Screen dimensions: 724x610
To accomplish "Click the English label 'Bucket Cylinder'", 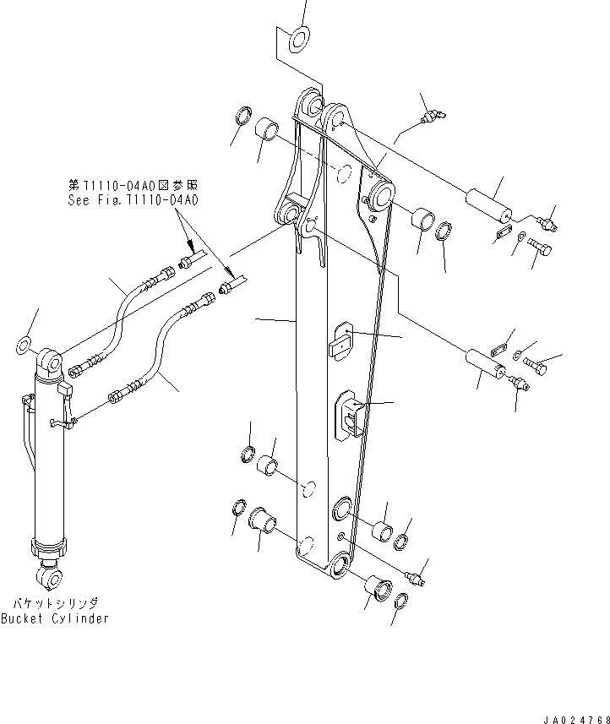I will click(54, 618).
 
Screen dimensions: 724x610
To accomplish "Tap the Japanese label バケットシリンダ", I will click(54, 603).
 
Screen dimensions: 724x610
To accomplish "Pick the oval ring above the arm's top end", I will click(298, 37).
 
